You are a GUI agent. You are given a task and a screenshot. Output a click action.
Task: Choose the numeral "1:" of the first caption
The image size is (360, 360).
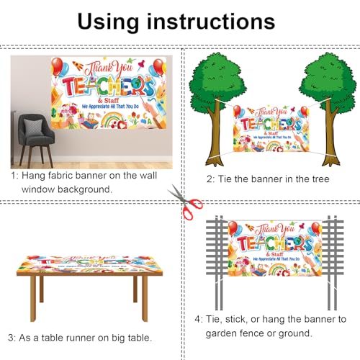pos(14,175)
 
